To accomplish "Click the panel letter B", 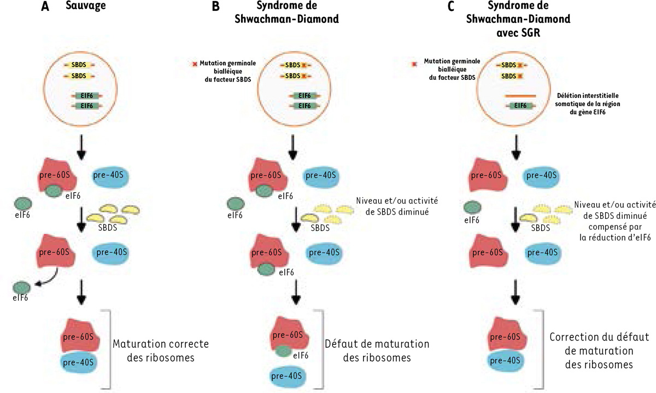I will tap(200, 9).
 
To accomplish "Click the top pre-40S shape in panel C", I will tap(540, 175).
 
